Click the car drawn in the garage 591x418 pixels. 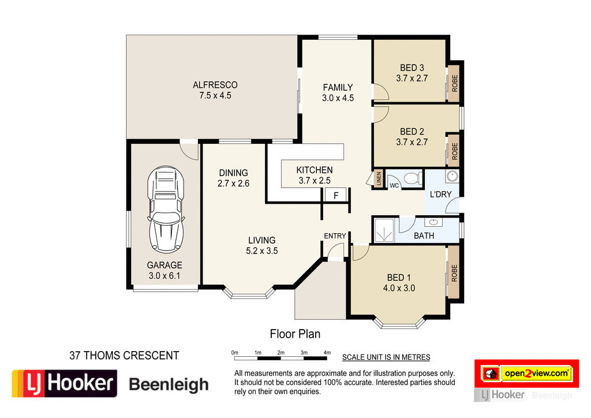(166, 210)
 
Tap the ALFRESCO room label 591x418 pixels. (215, 85)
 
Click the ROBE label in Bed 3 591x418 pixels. (454, 84)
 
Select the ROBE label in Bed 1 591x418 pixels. (454, 273)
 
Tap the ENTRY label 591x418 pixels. (335, 236)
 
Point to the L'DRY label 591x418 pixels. (440, 194)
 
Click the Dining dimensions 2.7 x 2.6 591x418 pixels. (233, 183)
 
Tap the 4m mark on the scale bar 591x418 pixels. (327, 352)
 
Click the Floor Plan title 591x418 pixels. (295, 334)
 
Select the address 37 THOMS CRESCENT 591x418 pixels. (124, 356)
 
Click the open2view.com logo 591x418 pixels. (535, 374)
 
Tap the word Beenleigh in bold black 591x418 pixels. (168, 384)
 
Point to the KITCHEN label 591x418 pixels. (314, 170)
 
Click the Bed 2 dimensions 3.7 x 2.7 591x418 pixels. (412, 141)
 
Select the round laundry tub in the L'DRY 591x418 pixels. (451, 176)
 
